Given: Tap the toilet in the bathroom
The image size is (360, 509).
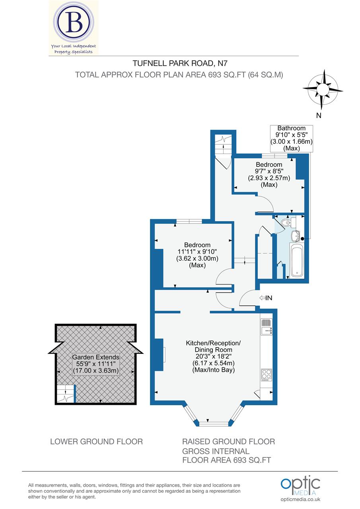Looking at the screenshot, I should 286,222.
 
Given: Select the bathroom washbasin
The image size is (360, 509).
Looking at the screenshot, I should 296,236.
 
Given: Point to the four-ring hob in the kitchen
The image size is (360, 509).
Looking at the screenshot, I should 266,375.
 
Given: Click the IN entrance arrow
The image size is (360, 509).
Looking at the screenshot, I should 266,298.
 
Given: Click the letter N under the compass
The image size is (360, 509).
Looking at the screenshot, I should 319,116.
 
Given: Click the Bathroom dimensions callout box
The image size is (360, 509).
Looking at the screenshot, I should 292,138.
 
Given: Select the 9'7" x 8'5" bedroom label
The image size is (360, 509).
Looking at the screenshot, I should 269,175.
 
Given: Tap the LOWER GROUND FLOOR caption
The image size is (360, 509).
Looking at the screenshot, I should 96,441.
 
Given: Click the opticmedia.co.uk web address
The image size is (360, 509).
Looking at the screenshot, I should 301,499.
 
